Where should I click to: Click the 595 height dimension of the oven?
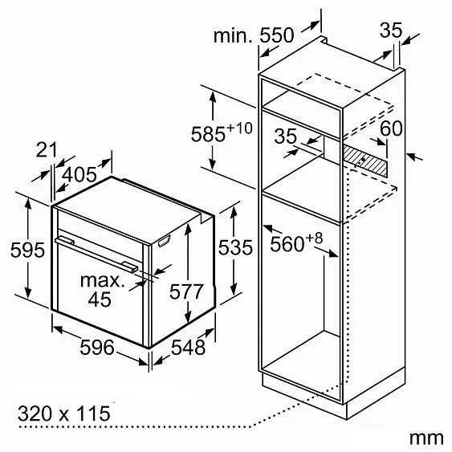(27, 250)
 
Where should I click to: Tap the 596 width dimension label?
(97, 347)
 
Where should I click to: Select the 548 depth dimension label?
(188, 347)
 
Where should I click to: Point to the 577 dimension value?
(186, 291)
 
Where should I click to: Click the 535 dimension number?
(235, 247)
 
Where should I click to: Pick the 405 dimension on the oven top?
(79, 174)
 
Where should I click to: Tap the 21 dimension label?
(47, 149)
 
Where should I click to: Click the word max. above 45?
(103, 280)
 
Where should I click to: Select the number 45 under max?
(100, 299)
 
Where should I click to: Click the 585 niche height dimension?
(208, 134)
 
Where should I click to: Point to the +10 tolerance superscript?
(239, 128)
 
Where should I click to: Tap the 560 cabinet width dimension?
(287, 244)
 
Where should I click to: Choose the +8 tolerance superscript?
(314, 238)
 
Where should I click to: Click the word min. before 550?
(233, 36)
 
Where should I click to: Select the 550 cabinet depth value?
(277, 35)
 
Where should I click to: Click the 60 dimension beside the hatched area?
(391, 128)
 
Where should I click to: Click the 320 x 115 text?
(64, 413)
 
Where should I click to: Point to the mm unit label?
(426, 438)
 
